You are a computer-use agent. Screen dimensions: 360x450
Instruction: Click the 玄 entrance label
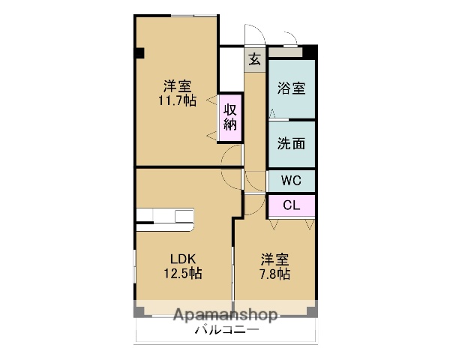point(255,59)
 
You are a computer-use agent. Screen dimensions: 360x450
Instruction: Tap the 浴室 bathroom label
point(292,88)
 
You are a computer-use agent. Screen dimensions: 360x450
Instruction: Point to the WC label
point(292,181)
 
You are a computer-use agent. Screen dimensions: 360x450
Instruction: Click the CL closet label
point(292,205)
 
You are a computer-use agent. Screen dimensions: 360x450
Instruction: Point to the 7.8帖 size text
point(274,274)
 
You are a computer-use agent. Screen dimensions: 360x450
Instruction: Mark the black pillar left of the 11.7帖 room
point(139,52)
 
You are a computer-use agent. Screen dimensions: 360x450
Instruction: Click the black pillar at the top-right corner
point(309,52)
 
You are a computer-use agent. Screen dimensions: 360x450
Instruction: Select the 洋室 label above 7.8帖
point(274,259)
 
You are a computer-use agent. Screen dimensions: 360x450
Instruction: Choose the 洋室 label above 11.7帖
point(178,85)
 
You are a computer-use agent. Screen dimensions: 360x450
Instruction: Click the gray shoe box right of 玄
point(285,52)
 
